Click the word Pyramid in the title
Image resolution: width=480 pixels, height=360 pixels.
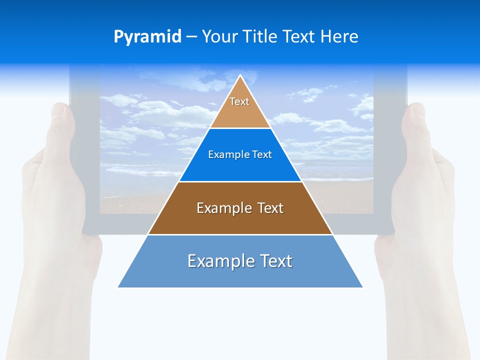(x=147, y=37)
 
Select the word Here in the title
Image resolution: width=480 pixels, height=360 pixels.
(x=339, y=37)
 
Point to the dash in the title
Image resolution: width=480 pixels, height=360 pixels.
(x=191, y=37)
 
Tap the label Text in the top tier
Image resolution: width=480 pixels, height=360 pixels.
(x=239, y=101)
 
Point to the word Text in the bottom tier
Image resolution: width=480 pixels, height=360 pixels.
(x=274, y=261)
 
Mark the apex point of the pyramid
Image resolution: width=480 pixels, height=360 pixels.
(x=240, y=75)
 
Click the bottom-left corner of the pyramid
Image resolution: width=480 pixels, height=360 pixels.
(x=118, y=287)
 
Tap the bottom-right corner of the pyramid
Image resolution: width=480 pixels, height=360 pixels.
(x=362, y=287)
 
